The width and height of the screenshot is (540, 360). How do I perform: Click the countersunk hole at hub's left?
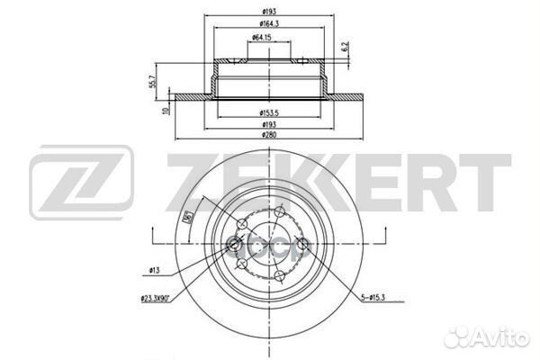(236, 242)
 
